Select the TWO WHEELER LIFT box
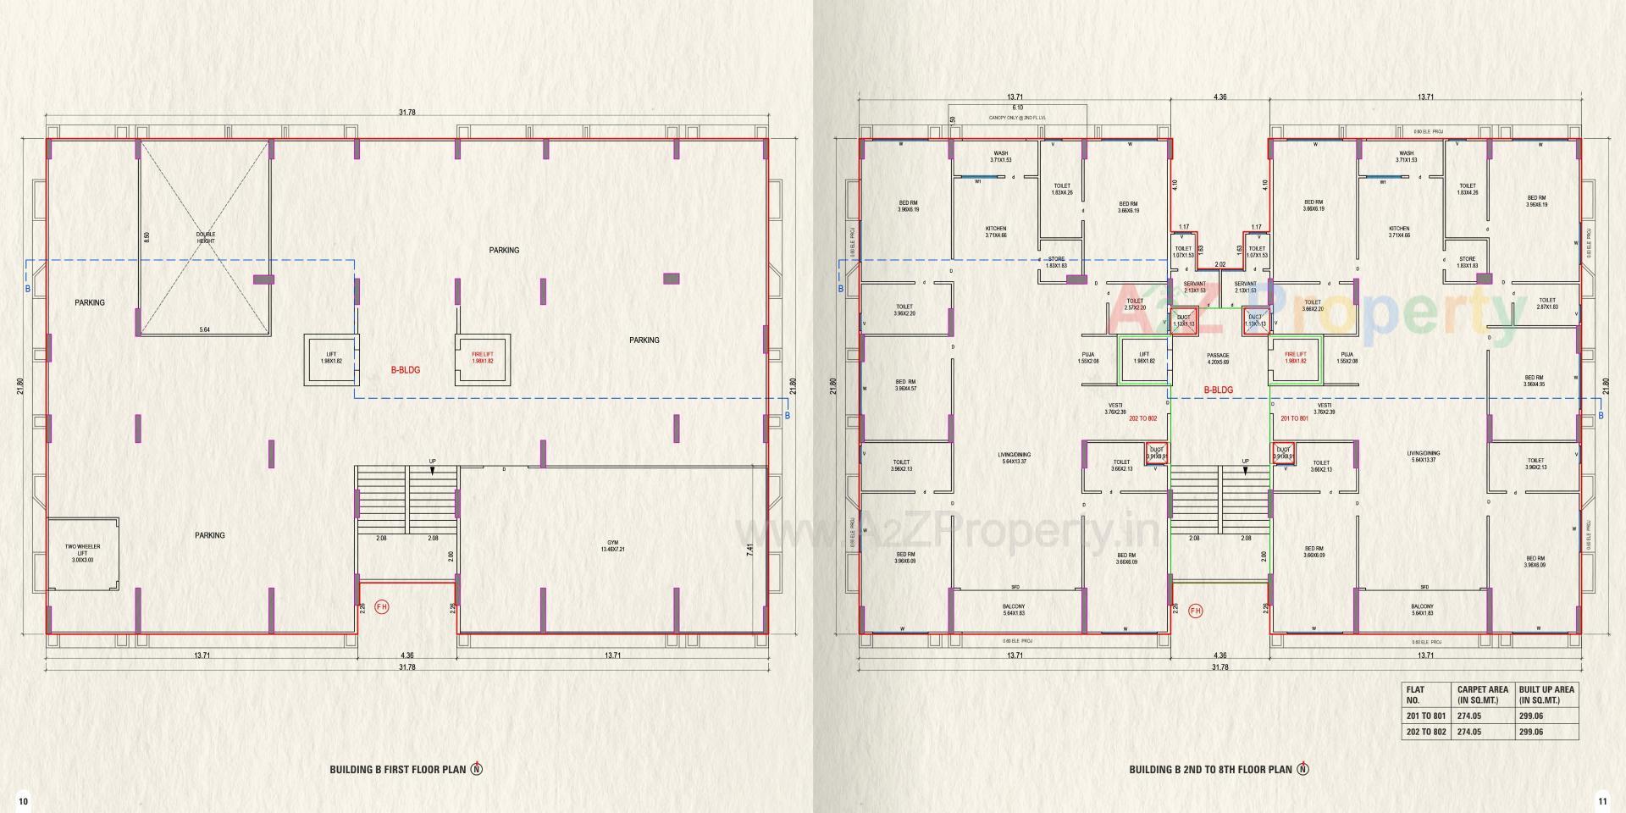point(83,554)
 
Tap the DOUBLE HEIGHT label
point(206,238)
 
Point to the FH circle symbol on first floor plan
point(381,607)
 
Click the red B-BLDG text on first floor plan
point(405,370)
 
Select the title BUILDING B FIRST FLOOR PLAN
point(398,770)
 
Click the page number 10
point(24,801)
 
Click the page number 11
point(1601,801)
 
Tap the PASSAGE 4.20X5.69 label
point(1218,358)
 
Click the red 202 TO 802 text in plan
point(1142,418)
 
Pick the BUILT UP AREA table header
point(1546,694)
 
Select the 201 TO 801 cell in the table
point(1425,716)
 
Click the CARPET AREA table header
point(1482,694)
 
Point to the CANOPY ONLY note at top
point(1017,118)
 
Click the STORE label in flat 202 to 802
point(1056,262)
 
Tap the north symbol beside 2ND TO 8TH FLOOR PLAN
point(1302,769)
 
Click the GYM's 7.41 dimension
point(749,549)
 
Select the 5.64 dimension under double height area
point(204,329)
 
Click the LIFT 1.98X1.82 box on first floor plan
point(331,358)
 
